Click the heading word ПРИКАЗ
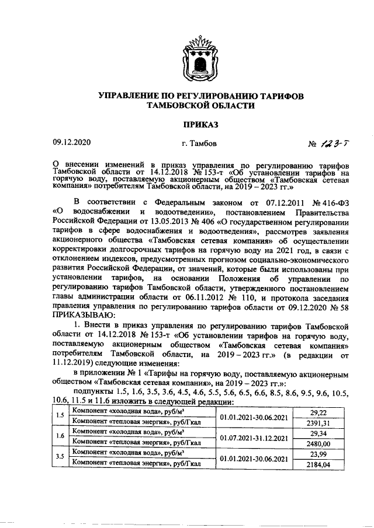pos(202,124)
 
